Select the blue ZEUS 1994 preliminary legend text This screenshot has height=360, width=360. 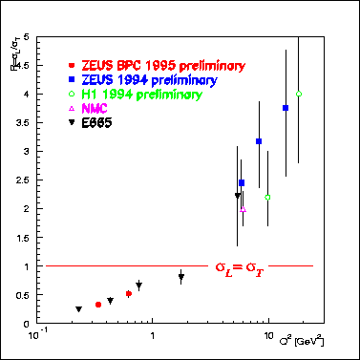[x=143, y=80]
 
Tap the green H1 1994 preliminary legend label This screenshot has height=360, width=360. [x=141, y=95]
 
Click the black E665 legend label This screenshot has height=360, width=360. [x=100, y=124]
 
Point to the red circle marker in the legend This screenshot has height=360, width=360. [x=73, y=66]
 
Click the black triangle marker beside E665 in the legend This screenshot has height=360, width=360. [x=73, y=124]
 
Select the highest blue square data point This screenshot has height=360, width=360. [x=286, y=108]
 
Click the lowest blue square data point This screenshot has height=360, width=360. [x=242, y=182]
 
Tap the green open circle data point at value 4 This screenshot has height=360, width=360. [x=299, y=94]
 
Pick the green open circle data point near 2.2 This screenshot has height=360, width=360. [x=268, y=197]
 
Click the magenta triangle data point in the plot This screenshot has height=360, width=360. [x=244, y=208]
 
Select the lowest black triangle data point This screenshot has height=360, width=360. [x=78, y=309]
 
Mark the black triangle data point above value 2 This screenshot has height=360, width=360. [x=238, y=196]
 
